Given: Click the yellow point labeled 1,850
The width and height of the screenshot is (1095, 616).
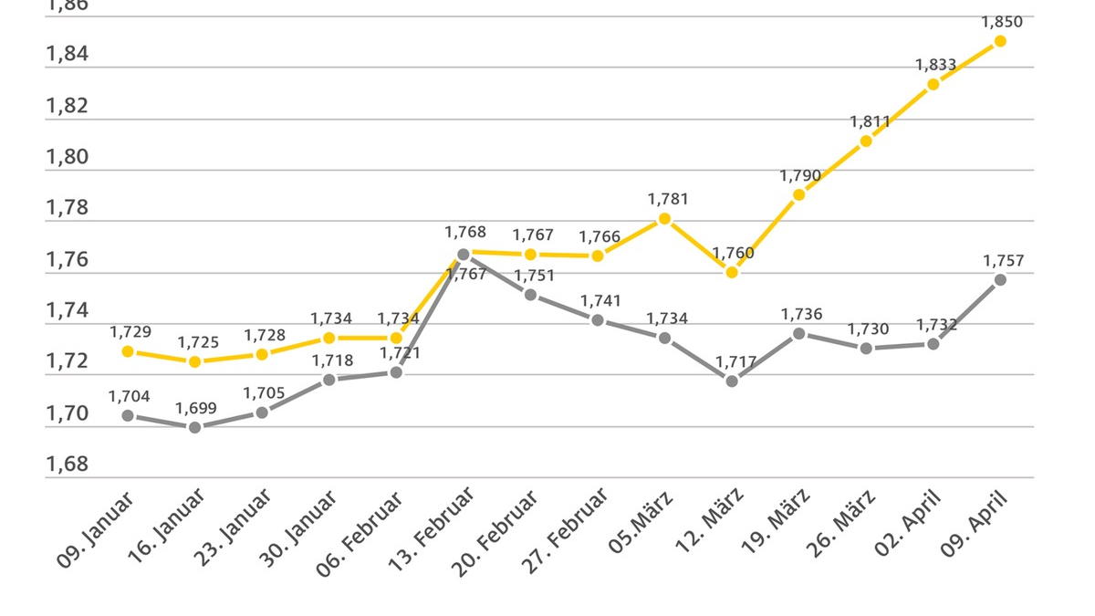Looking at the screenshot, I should click(1000, 41).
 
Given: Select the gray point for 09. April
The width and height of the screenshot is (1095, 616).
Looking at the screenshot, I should click(1000, 279).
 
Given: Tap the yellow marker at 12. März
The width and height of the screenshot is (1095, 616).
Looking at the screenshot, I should click(732, 272).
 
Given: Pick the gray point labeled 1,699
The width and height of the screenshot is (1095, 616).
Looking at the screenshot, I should click(194, 427).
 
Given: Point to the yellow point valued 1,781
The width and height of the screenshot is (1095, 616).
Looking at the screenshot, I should click(664, 218).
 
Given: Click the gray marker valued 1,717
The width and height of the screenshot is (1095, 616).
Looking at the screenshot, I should click(732, 381).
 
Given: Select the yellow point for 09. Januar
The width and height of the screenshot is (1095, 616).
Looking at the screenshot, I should click(128, 351).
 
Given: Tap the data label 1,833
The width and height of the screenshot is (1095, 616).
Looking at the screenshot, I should click(936, 65).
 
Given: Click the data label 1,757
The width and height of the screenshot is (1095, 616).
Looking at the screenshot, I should click(1003, 261).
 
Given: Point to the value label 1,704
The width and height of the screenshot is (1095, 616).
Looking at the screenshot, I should click(129, 396).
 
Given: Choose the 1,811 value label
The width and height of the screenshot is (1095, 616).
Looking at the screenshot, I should click(870, 121).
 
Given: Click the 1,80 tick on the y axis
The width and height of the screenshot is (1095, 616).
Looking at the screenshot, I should click(67, 157).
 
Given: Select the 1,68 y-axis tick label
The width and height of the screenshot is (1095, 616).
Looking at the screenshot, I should click(67, 465).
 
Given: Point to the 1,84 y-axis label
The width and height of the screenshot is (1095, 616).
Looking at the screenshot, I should click(67, 54).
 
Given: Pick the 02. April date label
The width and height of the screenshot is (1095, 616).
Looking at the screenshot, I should click(909, 522).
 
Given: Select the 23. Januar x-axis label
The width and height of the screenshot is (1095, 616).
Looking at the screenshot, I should click(235, 527).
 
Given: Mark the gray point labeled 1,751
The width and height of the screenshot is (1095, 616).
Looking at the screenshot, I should click(530, 294).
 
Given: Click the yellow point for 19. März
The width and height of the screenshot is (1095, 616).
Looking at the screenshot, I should click(798, 194).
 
